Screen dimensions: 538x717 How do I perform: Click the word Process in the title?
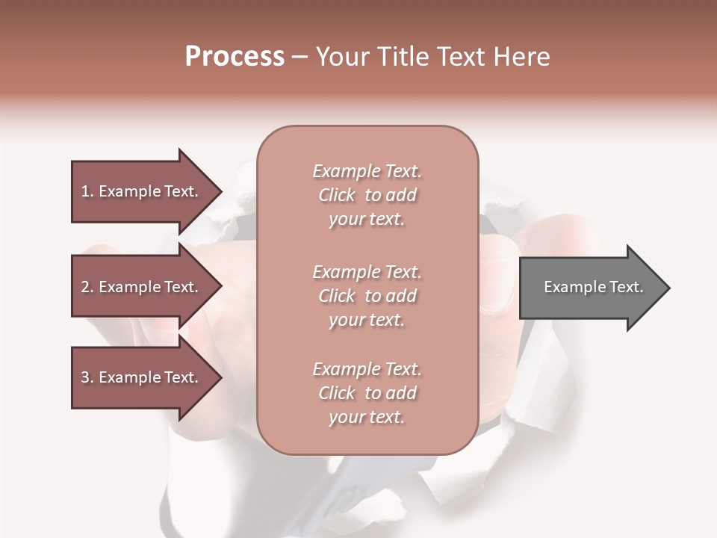(x=235, y=57)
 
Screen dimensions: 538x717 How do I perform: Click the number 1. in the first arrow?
(x=87, y=191)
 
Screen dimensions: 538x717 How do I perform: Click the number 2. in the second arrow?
(x=87, y=287)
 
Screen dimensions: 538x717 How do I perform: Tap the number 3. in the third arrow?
(x=87, y=377)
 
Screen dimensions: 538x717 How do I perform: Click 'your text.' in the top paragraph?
(x=367, y=220)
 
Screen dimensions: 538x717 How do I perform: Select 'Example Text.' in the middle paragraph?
(x=367, y=272)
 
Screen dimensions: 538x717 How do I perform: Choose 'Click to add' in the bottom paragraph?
(x=367, y=393)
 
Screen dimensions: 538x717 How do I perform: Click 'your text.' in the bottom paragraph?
(x=367, y=418)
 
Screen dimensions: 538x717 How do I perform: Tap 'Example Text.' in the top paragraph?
(x=367, y=171)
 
